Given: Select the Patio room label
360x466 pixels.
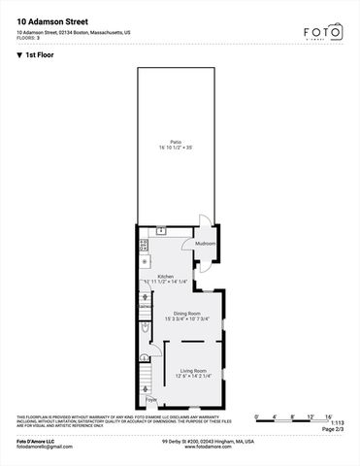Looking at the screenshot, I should click(x=176, y=142).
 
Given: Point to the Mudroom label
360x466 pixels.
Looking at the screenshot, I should click(x=205, y=244).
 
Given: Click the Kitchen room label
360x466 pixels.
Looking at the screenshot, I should click(x=166, y=276).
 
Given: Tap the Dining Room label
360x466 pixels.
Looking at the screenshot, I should click(x=187, y=313).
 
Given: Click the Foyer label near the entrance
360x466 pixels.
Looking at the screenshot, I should click(x=150, y=399).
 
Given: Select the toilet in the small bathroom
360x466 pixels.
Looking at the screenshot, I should click(x=145, y=329).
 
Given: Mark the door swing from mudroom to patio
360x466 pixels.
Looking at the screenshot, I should click(x=202, y=221).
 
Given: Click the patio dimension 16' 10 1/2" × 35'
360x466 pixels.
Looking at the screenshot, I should click(x=176, y=148).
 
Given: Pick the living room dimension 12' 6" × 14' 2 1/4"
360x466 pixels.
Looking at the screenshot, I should click(x=192, y=376).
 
